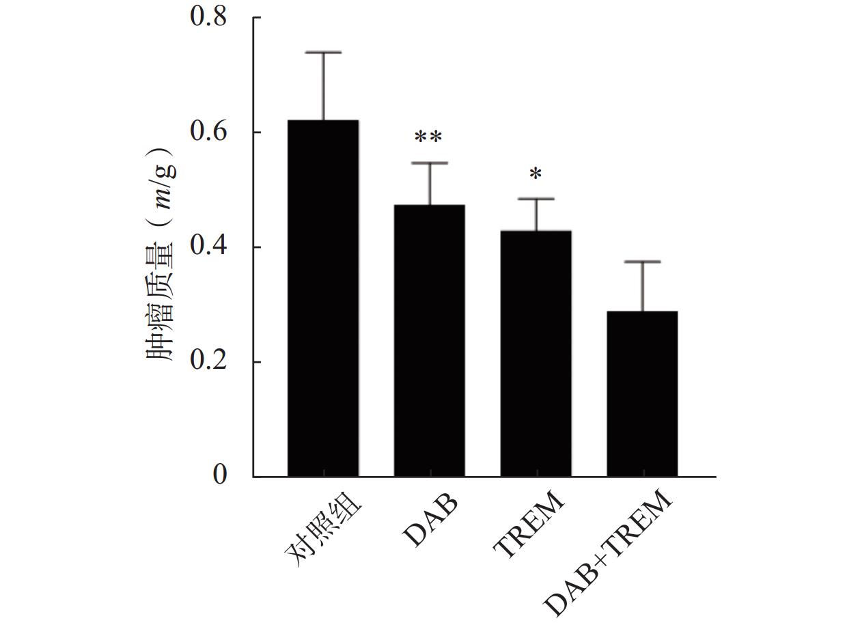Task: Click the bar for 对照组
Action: pyautogui.click(x=323, y=298)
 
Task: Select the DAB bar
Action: pyautogui.click(x=430, y=340)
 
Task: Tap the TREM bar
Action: pyautogui.click(x=536, y=353)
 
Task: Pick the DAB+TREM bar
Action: pyautogui.click(x=642, y=393)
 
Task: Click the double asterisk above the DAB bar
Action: pyautogui.click(x=429, y=138)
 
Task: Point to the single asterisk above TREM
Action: pyautogui.click(x=536, y=174)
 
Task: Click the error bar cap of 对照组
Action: pyautogui.click(x=323, y=52)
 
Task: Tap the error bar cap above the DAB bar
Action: pyautogui.click(x=430, y=163)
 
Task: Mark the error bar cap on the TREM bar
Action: pyautogui.click(x=536, y=199)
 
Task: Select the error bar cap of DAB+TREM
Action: pyautogui.click(x=642, y=262)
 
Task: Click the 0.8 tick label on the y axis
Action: pyautogui.click(x=208, y=17)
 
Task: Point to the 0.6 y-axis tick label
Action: pyautogui.click(x=208, y=132)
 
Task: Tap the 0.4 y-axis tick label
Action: pyautogui.click(x=208, y=247)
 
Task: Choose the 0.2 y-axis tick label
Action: pyautogui.click(x=208, y=361)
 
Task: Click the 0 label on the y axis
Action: pyautogui.click(x=220, y=475)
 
